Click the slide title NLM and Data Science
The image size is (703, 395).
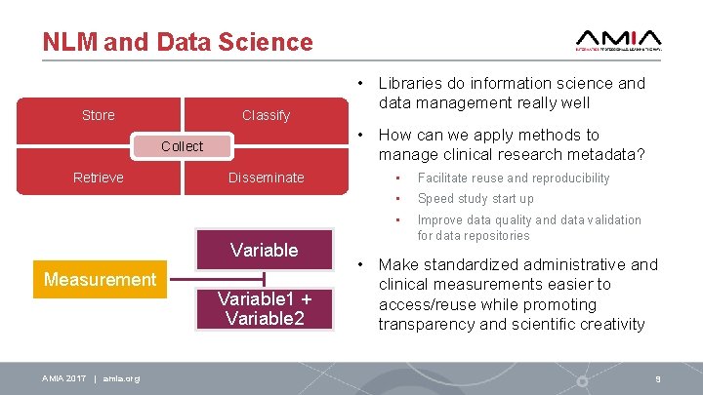coord(178,42)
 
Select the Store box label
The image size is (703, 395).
coord(98,115)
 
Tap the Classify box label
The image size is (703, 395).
coord(266,115)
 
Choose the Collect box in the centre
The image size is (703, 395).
coord(182,146)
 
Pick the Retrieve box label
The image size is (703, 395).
coord(98,178)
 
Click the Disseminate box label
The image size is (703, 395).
coord(266,178)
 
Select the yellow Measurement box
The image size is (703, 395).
coord(101,280)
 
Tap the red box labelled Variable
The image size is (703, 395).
coord(264,250)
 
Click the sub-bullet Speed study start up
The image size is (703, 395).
coord(476,199)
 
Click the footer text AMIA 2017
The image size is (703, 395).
coord(63,378)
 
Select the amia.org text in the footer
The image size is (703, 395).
coord(120,378)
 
